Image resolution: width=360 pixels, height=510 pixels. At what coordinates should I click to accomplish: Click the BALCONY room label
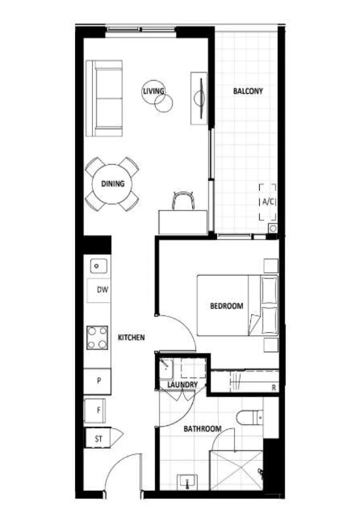coord(248,91)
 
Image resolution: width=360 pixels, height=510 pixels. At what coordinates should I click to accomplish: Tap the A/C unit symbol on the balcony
coord(268,202)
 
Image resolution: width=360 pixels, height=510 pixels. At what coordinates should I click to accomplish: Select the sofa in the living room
coord(105,98)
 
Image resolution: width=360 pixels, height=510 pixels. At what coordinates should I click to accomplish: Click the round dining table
coord(112,184)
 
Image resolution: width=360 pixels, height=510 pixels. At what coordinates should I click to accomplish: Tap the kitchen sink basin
coord(97,266)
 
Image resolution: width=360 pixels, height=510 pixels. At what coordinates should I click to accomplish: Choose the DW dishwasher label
coord(102,290)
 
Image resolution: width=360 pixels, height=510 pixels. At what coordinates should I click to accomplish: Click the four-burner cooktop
coord(97,338)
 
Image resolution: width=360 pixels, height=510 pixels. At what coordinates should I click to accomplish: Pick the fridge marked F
coord(98,410)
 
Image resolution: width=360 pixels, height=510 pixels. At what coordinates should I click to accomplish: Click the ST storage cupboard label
coord(99,439)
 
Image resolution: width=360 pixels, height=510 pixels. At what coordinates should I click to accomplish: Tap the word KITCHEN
coord(131,338)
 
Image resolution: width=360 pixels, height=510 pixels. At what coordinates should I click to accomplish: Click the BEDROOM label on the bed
coord(226,306)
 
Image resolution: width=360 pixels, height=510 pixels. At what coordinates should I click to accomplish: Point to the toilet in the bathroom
coord(249,417)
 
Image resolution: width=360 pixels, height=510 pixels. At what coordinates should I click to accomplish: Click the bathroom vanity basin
coord(188,482)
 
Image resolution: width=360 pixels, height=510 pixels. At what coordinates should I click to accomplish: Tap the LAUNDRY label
coord(183,385)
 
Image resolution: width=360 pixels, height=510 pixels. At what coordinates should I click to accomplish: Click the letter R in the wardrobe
coord(273,388)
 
